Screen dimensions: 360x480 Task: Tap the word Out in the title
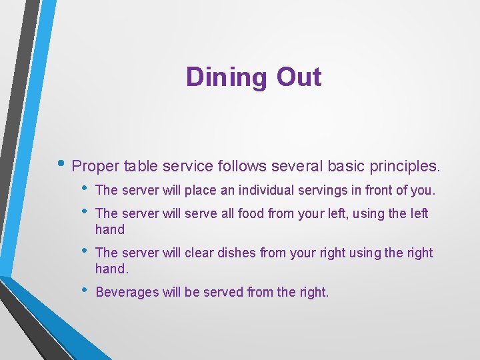click(x=299, y=77)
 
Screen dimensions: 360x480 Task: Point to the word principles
click(x=405, y=165)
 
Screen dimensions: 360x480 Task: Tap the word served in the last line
click(x=223, y=292)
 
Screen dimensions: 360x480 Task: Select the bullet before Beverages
click(x=83, y=291)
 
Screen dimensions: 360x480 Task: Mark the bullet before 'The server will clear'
click(x=83, y=251)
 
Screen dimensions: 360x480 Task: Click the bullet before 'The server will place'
click(x=83, y=189)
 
